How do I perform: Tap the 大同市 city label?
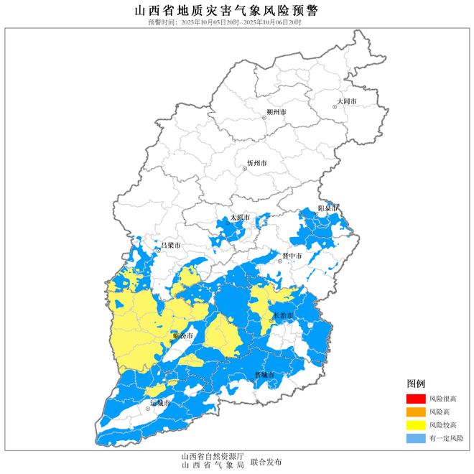347,102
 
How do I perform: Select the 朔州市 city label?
276,113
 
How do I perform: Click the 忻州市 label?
256,164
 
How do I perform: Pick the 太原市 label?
240,218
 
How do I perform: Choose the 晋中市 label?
292,256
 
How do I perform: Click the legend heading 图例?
416,384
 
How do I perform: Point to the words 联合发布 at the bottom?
266,462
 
